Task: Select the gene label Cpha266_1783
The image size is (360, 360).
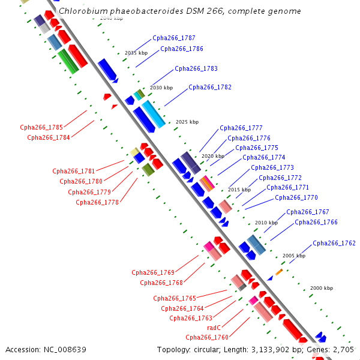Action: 196,68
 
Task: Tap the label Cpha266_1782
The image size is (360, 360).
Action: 210,87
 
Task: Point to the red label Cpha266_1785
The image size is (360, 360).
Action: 41,127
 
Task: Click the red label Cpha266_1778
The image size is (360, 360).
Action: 97,202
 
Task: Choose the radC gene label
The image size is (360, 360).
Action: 214,328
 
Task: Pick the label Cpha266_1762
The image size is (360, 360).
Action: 334,243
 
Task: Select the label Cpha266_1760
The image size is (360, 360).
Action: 207,337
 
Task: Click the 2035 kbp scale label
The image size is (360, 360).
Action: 136,53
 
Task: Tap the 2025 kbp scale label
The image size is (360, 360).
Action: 187,122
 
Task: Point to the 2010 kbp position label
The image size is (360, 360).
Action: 266,223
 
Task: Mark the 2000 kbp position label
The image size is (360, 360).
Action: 321,288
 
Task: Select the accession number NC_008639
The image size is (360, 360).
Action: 66,349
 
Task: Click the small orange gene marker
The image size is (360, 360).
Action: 278,272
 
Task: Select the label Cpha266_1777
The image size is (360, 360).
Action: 241,128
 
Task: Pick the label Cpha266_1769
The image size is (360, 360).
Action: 153,272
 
